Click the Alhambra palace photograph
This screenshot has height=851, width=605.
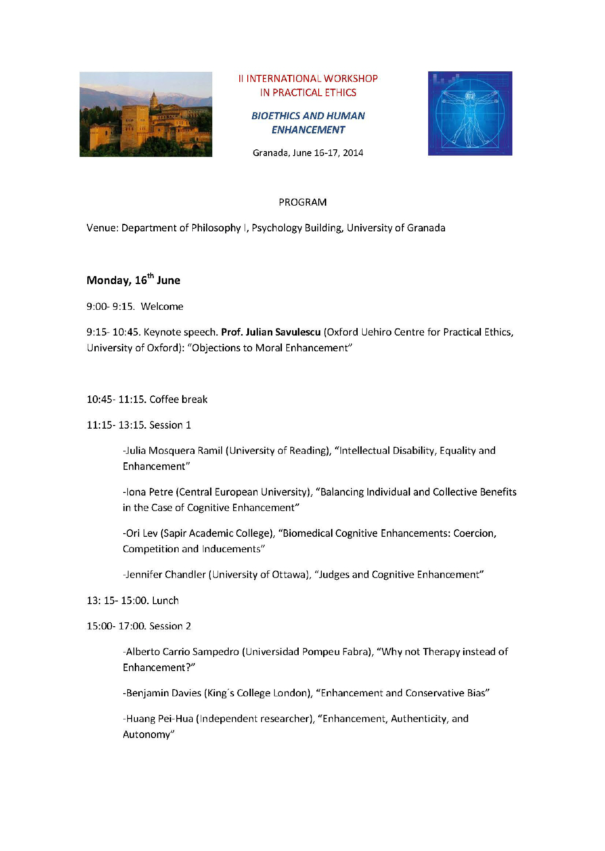click(146, 114)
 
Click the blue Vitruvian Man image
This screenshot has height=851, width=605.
click(470, 113)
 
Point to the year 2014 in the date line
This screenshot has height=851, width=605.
click(353, 153)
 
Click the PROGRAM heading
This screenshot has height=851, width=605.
click(302, 202)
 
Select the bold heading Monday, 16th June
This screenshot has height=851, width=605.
click(133, 280)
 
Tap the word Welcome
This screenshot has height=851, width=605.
click(162, 306)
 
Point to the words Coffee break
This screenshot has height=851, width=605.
click(178, 399)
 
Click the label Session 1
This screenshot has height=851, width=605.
click(170, 425)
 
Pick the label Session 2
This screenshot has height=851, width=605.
click(170, 626)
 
